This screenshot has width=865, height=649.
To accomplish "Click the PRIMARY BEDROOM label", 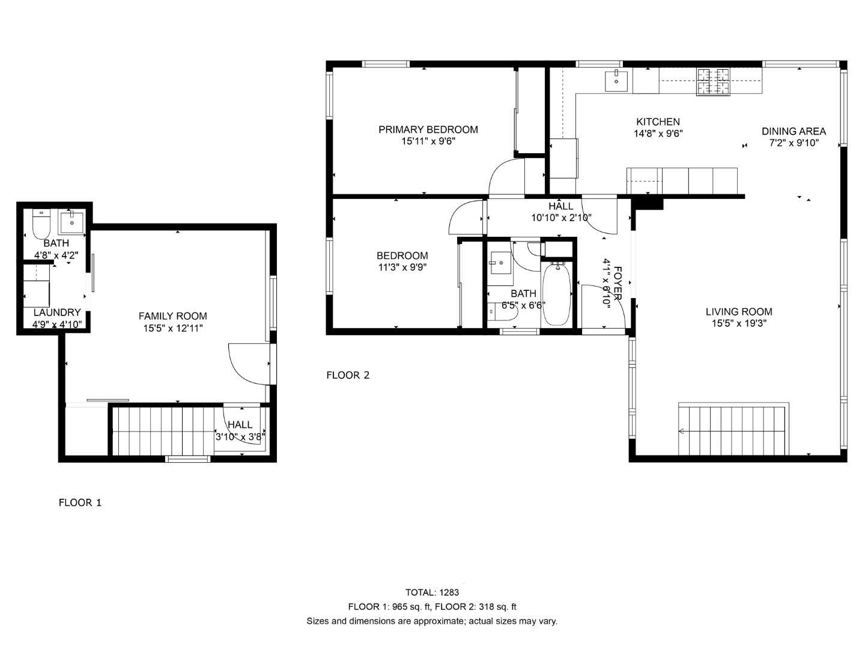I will (x=428, y=129).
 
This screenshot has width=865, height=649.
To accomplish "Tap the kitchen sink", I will (x=616, y=80).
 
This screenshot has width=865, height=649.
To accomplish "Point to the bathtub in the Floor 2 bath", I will (x=557, y=294).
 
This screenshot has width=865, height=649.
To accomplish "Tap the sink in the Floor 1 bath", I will (x=72, y=221).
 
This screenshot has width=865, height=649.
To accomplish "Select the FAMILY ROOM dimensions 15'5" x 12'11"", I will (x=172, y=328).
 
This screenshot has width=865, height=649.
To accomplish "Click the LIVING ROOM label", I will (x=738, y=311).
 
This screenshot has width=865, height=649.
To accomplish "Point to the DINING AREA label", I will (x=794, y=131).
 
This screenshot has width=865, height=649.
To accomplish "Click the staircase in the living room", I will (x=733, y=430).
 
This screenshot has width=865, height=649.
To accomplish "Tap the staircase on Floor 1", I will (x=165, y=430).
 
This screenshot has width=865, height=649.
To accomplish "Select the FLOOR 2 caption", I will (x=348, y=375).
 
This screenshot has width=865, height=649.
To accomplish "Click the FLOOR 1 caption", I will (x=80, y=502).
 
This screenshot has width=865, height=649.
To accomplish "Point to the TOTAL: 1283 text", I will (x=432, y=593).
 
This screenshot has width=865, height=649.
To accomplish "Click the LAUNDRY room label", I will (x=56, y=312).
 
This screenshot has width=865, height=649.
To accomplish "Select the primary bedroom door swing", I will (x=506, y=177).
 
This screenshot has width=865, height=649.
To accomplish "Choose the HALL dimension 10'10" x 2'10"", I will (x=561, y=218).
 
